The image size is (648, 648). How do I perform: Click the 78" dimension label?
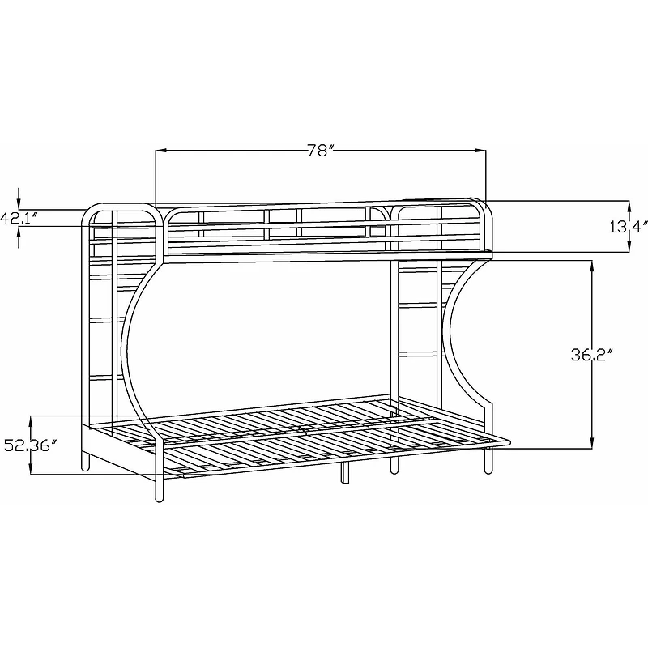[x=322, y=151]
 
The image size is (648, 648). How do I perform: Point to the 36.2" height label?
[x=590, y=353]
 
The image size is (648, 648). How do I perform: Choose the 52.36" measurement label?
[x=30, y=446]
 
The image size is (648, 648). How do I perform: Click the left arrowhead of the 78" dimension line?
[x=160, y=150]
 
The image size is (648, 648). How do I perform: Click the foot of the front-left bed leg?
[x=159, y=498]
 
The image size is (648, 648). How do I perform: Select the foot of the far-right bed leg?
[x=488, y=470]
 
